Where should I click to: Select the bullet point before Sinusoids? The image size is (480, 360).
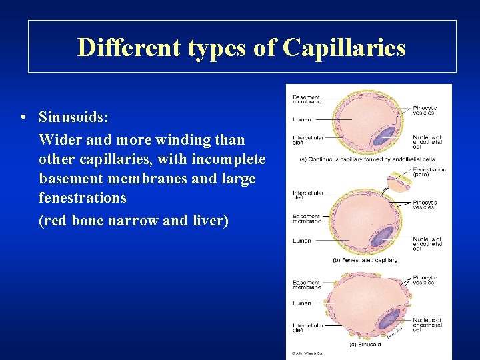pos(23,118)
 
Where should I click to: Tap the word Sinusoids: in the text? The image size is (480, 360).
pos(73,118)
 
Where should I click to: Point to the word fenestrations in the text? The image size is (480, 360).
pos(83,198)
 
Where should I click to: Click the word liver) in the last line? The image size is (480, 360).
pos(209,220)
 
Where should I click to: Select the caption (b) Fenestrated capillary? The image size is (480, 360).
pos(365,260)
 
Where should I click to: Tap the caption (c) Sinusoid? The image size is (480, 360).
pos(365,344)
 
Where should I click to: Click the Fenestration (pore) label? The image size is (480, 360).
pos(429,173)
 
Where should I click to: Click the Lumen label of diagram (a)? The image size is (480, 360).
pos(301,120)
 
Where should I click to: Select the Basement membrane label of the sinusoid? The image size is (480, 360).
pos(307,285)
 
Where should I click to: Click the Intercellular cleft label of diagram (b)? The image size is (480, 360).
pos(307,195)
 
